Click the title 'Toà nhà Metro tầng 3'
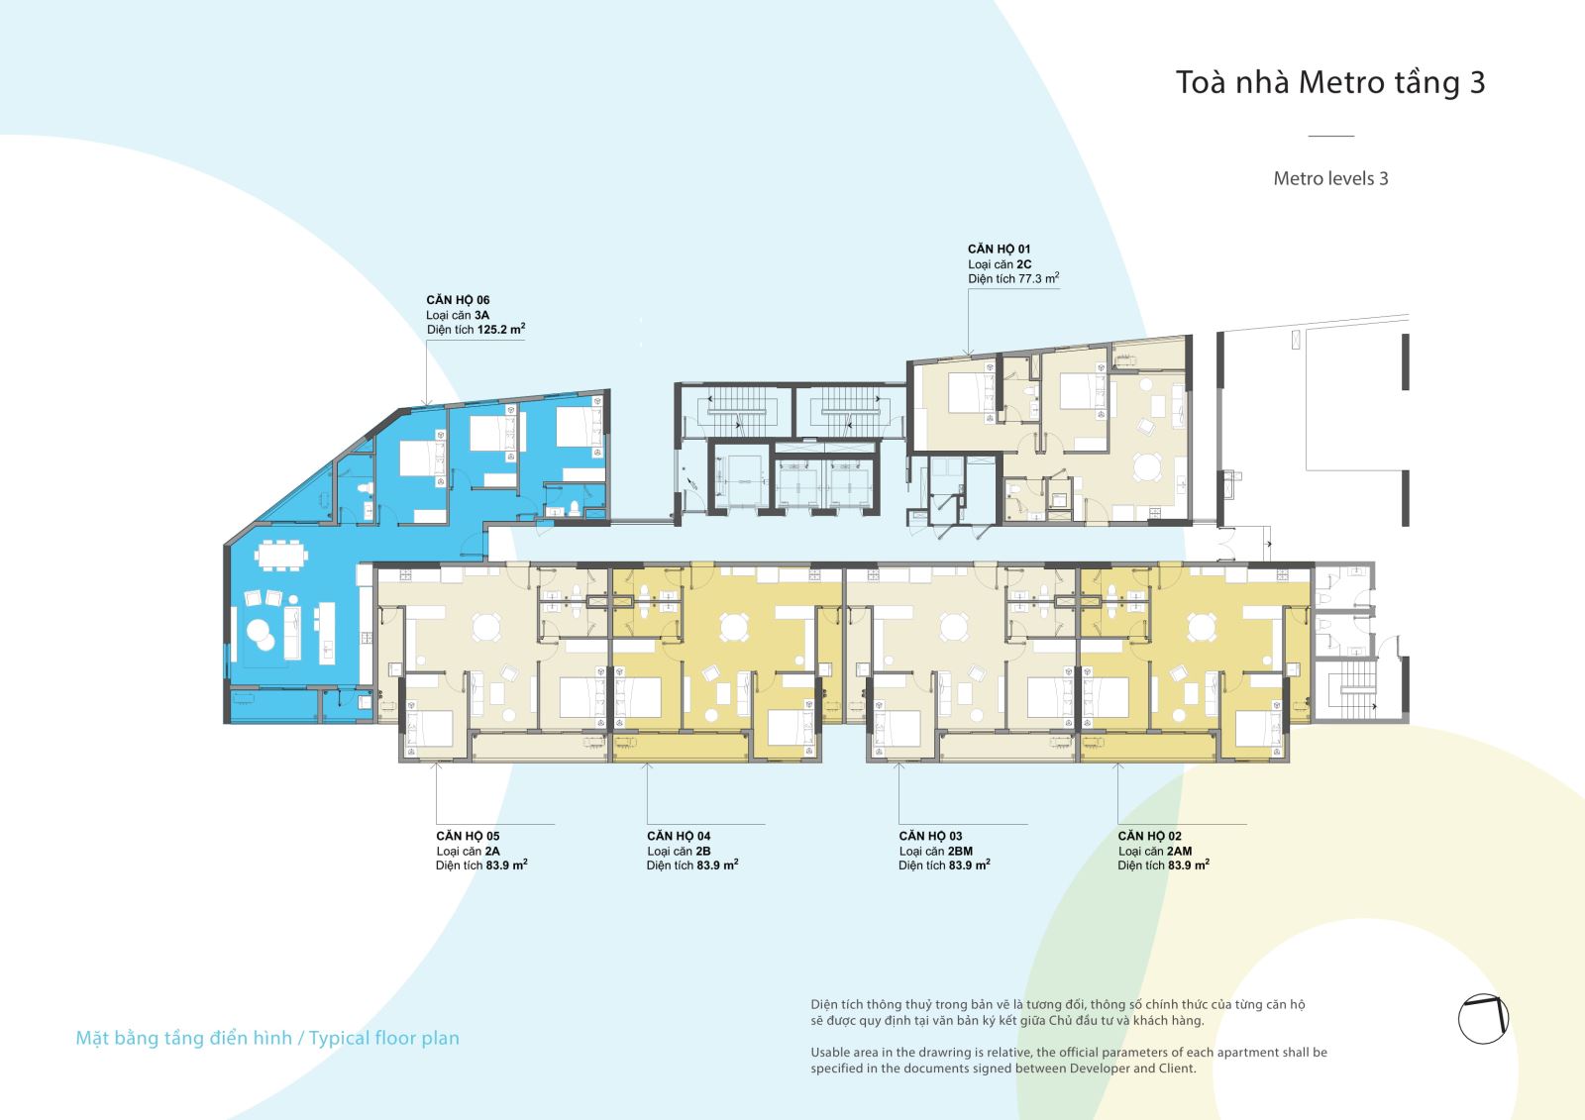[x=1330, y=83]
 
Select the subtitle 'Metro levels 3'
[x=1330, y=178]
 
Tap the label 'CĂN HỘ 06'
[x=458, y=300]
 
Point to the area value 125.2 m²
[x=501, y=329]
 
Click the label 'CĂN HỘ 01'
[x=1000, y=249]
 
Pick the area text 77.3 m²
[x=1039, y=278]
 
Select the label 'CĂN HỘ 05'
[x=468, y=836]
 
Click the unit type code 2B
[x=702, y=852]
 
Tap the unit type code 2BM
[x=960, y=852]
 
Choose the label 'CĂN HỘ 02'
[x=1150, y=836]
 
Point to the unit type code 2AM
[x=1180, y=852]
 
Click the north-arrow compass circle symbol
[x=1484, y=1019]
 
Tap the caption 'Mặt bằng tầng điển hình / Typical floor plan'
[x=267, y=1038]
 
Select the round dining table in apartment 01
[x=1147, y=467]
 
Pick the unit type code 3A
[x=481, y=315]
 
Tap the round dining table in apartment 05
[x=486, y=627]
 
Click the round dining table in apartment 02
[x=1202, y=627]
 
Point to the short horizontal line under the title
[x=1331, y=135]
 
